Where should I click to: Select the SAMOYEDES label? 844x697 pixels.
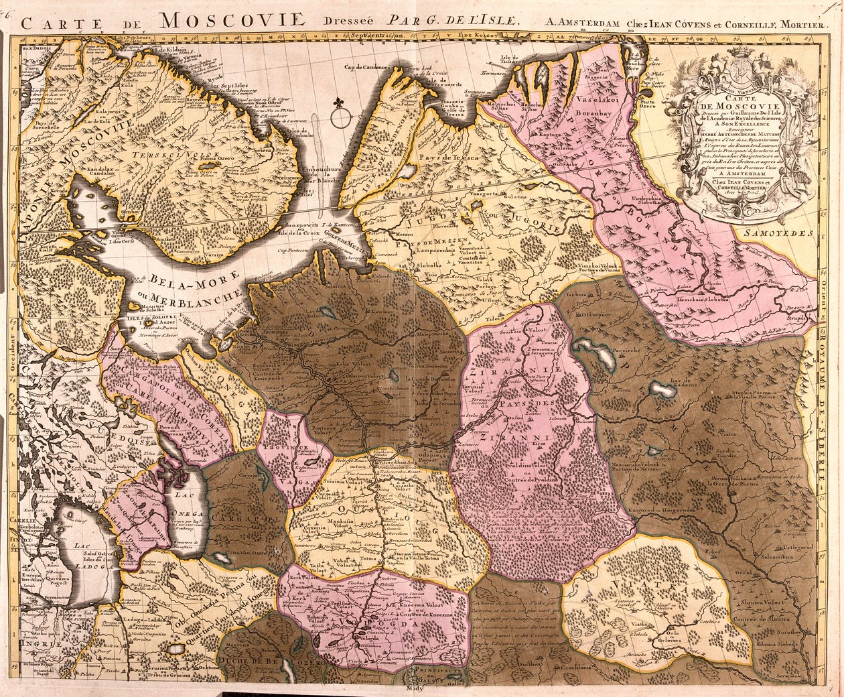[x=777, y=233]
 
